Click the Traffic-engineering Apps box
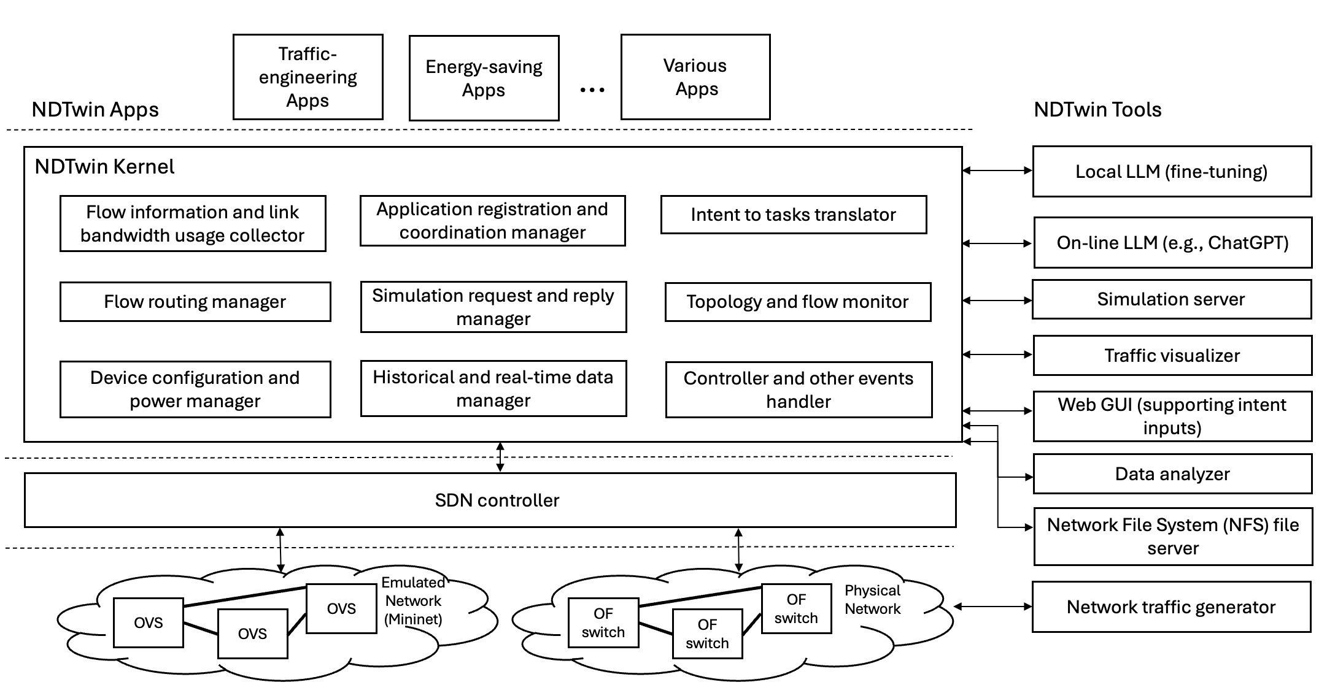[308, 77]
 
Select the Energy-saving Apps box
[484, 78]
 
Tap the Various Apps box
[695, 77]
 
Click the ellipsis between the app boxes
[592, 90]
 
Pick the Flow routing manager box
[195, 302]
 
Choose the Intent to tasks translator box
[793, 215]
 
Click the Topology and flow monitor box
[797, 302]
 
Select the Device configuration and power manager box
[195, 389]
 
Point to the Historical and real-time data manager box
[493, 389]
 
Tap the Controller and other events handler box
[799, 390]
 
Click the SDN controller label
[497, 500]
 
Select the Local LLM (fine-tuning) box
[1171, 172]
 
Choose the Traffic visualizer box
[1172, 356]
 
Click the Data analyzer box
[1172, 474]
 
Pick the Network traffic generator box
[1170, 607]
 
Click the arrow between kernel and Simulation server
[997, 301]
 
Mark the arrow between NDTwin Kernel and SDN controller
[500, 457]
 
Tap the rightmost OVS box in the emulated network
[341, 608]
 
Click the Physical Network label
[872, 600]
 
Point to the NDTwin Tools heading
[1097, 110]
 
